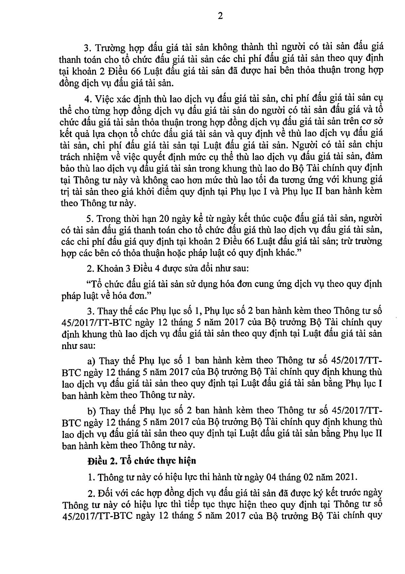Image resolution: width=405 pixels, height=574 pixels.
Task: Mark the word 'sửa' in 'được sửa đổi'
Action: click(188, 268)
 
